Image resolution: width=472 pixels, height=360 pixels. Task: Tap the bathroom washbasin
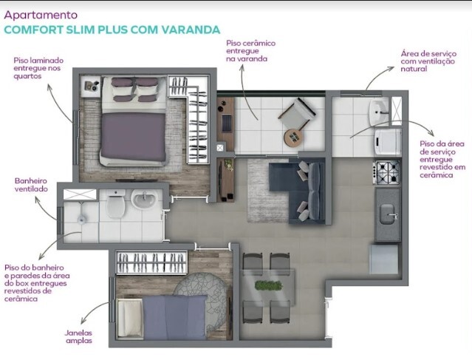click(x=144, y=199)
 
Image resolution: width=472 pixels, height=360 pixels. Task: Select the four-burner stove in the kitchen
click(x=387, y=172)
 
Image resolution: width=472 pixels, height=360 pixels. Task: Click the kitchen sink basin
click(x=387, y=214)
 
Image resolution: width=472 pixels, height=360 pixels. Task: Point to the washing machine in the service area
click(x=388, y=142)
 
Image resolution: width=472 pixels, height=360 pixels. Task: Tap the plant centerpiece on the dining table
click(x=269, y=285)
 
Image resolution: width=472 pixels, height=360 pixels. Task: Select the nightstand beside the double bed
click(x=91, y=86)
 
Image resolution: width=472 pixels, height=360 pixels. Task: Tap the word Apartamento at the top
click(x=41, y=15)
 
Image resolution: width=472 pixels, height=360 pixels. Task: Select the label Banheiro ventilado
click(x=31, y=185)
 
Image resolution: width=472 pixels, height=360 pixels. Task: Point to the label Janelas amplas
click(x=79, y=337)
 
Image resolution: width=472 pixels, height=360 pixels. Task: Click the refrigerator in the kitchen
click(x=384, y=259)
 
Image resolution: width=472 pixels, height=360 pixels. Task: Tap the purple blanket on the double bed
click(x=133, y=137)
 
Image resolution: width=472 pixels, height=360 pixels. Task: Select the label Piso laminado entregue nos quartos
click(x=38, y=68)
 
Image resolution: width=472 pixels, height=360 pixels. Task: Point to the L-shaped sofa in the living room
click(x=298, y=191)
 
